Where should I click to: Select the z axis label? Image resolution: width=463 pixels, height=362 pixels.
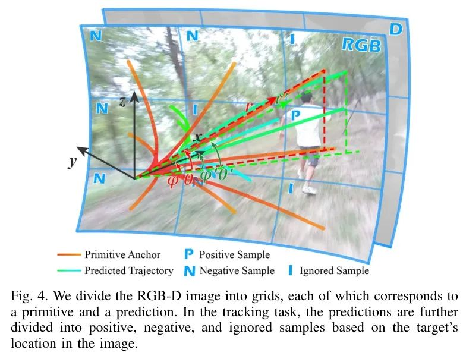pyautogui.click(x=122, y=102)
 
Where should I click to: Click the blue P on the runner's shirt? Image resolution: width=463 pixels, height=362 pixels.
pyautogui.click(x=296, y=115)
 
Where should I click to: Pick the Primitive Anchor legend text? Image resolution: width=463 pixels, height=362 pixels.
pyautogui.click(x=122, y=254)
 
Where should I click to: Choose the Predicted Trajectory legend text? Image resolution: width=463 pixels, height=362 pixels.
pyautogui.click(x=129, y=270)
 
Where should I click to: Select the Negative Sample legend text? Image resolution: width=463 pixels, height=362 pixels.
pyautogui.click(x=237, y=270)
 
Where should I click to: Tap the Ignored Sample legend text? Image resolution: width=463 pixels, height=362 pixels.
pyautogui.click(x=334, y=270)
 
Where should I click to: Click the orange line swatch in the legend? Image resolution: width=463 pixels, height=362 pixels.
pyautogui.click(x=70, y=255)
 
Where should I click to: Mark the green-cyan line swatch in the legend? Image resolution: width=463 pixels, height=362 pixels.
pyautogui.click(x=70, y=271)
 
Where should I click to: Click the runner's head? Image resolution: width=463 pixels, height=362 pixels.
pyautogui.click(x=307, y=97)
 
